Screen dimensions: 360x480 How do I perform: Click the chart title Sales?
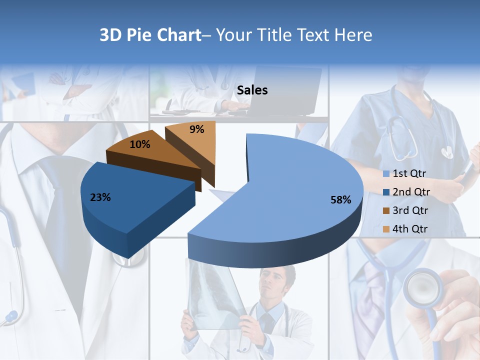point(252,90)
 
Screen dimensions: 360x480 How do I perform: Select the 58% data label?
point(340,200)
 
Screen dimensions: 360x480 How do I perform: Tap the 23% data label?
point(100,197)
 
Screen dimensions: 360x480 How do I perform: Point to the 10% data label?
point(139,144)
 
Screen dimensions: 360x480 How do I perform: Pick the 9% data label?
point(197,129)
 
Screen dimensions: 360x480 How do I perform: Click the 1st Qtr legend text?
point(409,174)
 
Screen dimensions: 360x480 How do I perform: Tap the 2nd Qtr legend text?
point(411,192)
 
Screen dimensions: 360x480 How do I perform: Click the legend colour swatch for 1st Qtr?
point(385,174)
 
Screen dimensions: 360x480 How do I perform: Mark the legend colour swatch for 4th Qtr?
point(385,229)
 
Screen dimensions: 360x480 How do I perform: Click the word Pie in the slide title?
point(140,35)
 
